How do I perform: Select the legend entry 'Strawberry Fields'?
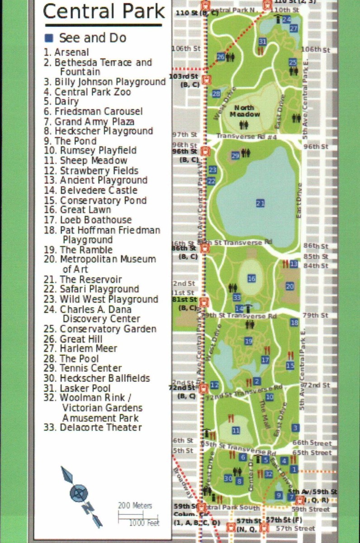[x=99, y=171]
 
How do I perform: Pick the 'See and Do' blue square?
[x=49, y=38]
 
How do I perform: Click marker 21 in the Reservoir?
[x=260, y=203]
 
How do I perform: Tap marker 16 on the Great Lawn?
[x=251, y=279]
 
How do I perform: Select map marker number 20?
[x=290, y=286]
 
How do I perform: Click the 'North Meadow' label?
[x=244, y=111]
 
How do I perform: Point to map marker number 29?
[x=235, y=156]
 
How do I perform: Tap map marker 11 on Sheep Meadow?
[x=236, y=430]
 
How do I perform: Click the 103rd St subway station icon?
[x=207, y=80]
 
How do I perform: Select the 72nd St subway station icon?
[x=204, y=388]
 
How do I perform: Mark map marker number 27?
[x=294, y=29]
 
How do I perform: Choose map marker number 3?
[x=295, y=428]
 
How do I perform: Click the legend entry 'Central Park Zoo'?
[x=93, y=92]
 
